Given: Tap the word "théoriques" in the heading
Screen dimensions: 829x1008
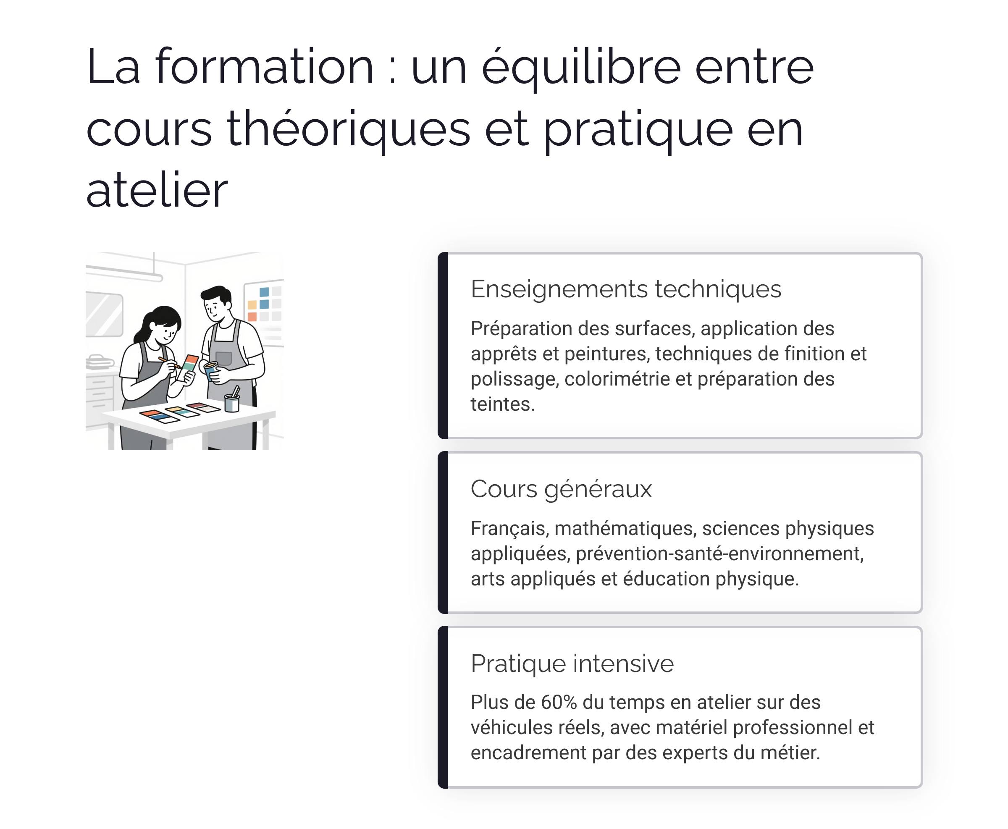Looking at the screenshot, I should [x=348, y=129].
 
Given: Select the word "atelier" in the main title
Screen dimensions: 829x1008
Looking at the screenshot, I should [x=157, y=191].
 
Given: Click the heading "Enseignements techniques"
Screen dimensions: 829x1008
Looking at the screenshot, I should [x=625, y=289].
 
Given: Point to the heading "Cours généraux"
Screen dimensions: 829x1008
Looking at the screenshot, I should [x=561, y=489].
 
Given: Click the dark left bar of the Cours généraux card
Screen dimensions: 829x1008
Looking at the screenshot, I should [x=443, y=533].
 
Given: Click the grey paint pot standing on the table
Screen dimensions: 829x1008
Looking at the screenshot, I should [x=231, y=403].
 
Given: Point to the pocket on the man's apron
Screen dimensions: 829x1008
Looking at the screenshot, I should [x=223, y=358].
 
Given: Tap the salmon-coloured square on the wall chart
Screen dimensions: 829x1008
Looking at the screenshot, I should [x=252, y=317].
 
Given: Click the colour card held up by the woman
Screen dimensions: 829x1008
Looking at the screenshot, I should [x=189, y=363].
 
